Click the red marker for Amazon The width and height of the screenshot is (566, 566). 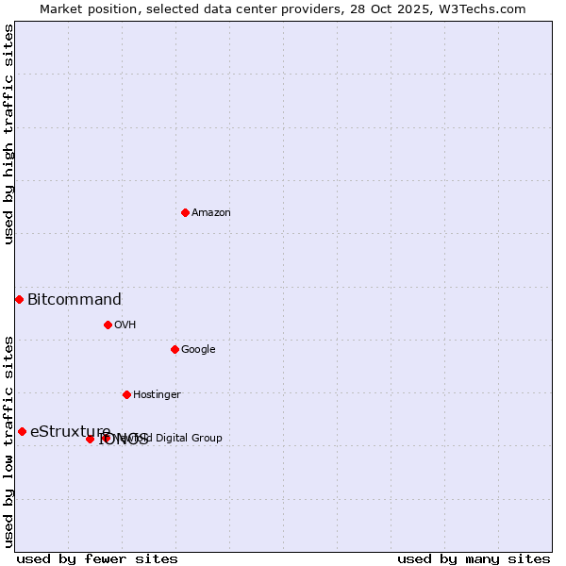[x=185, y=212]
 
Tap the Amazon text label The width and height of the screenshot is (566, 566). [x=211, y=213]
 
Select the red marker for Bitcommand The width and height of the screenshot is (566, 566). [x=19, y=299]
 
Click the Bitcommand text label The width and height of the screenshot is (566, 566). [x=75, y=300]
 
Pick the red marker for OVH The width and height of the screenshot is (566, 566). [x=108, y=325]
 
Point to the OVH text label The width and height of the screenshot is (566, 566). [x=125, y=325]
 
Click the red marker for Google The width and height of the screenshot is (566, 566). [x=175, y=349]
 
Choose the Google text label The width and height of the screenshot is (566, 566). [x=198, y=350]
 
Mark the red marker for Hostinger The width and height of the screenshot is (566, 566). [x=126, y=394]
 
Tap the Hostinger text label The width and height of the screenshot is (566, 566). [x=157, y=395]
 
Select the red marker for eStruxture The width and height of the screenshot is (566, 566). [x=22, y=431]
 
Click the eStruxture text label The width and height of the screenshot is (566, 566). [x=71, y=432]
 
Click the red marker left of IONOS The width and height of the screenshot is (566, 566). [x=90, y=439]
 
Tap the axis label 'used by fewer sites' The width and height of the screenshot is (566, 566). [x=97, y=558]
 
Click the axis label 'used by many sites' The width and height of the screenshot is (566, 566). [x=474, y=558]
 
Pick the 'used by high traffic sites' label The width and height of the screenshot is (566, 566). [x=8, y=134]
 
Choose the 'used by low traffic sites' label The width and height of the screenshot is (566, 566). [x=8, y=441]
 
